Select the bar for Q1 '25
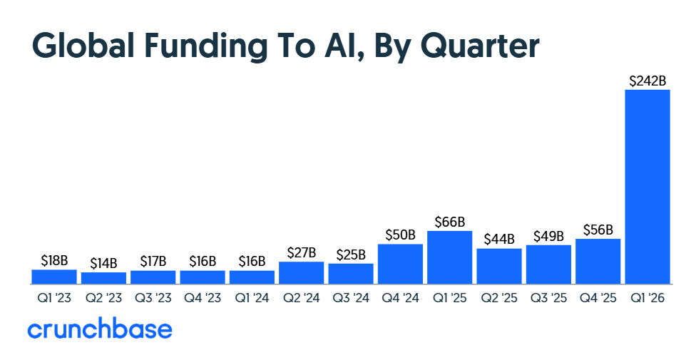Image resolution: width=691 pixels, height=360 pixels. pyautogui.click(x=449, y=257)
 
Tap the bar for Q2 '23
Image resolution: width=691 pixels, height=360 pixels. pyautogui.click(x=103, y=277)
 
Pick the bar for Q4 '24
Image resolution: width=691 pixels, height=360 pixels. pyautogui.click(x=400, y=263)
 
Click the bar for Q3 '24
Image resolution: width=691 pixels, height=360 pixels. pyautogui.click(x=351, y=273)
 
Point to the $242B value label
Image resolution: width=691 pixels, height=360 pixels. pyautogui.click(x=648, y=81)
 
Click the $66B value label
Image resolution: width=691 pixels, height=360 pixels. pyautogui.click(x=449, y=222)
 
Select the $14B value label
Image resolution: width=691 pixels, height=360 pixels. pyautogui.click(x=103, y=263)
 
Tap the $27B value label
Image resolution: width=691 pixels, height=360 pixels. pyautogui.click(x=301, y=253)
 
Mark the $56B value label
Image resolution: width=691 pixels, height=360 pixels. pyautogui.click(x=598, y=230)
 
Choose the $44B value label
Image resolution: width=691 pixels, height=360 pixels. pyautogui.click(x=498, y=240)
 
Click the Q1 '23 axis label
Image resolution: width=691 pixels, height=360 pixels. pyautogui.click(x=53, y=299)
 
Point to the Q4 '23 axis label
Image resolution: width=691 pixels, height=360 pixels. pyautogui.click(x=202, y=299)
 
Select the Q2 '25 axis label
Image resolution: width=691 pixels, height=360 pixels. pyautogui.click(x=498, y=299)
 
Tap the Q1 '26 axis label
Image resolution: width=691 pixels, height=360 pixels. pyautogui.click(x=648, y=299)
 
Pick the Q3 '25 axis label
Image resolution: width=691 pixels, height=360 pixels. pyautogui.click(x=548, y=299)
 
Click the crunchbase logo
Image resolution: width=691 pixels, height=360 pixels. pyautogui.click(x=100, y=329)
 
